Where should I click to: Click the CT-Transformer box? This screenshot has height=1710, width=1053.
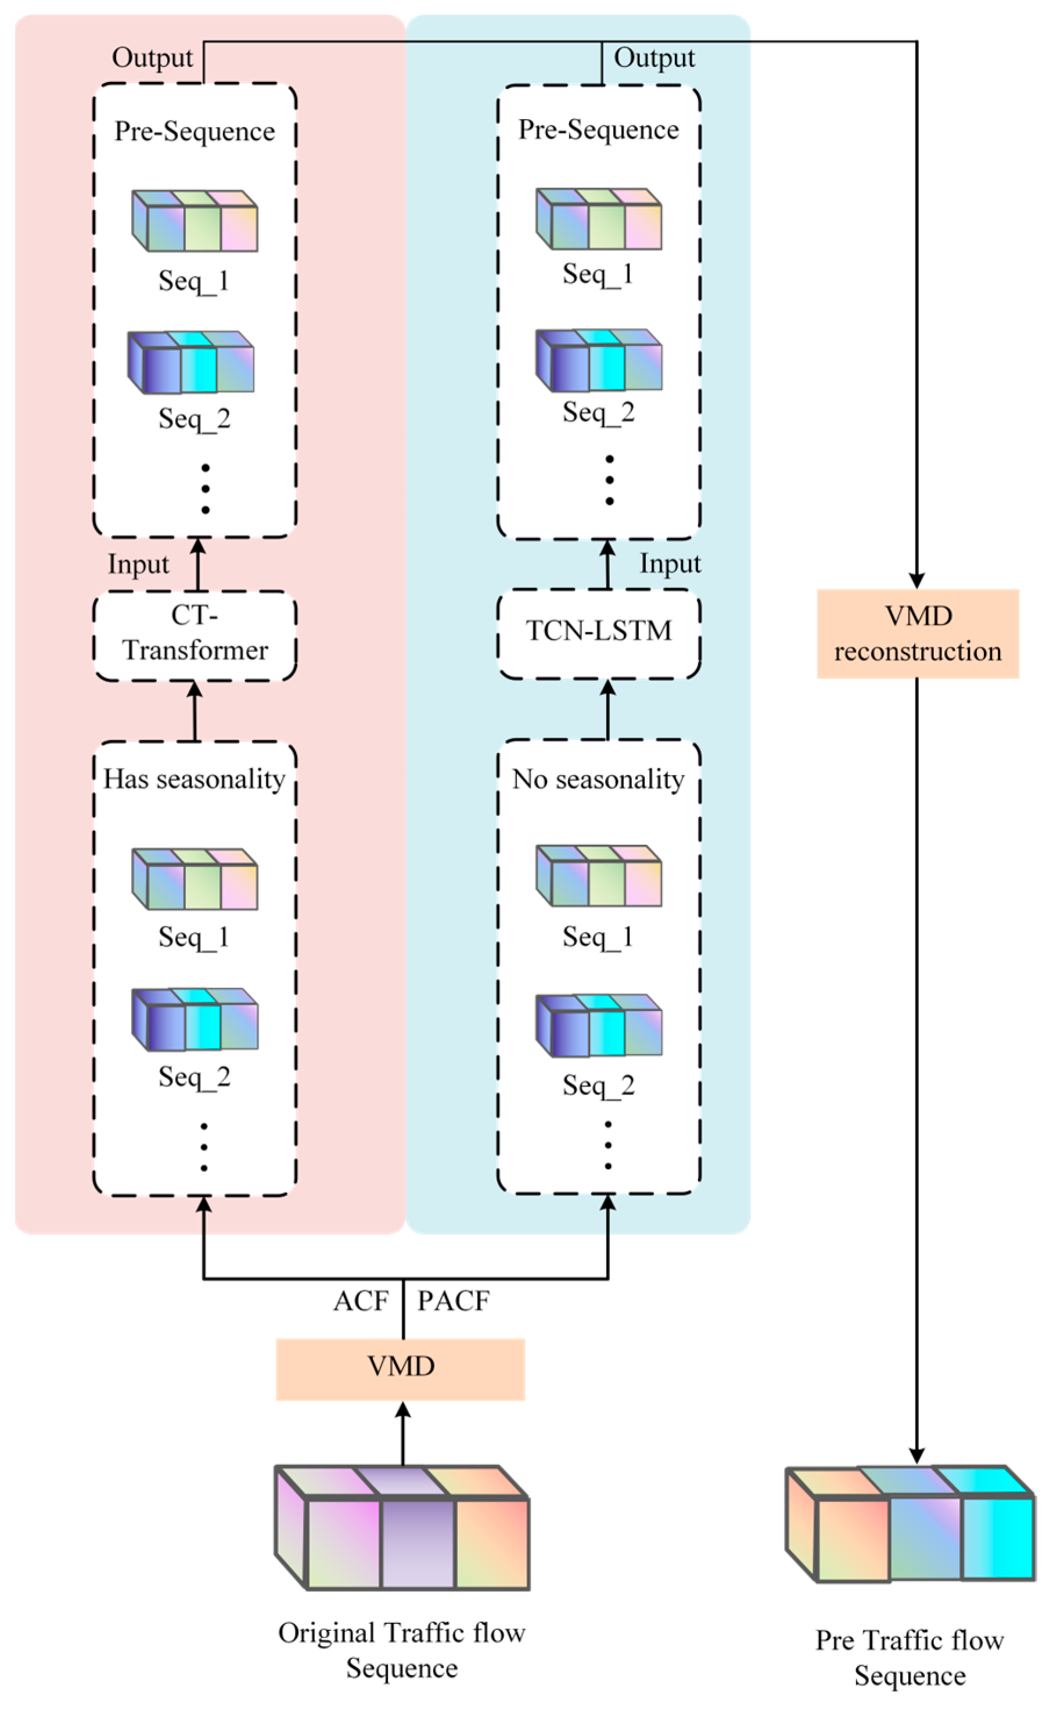click(195, 634)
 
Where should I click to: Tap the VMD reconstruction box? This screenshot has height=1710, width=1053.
click(917, 633)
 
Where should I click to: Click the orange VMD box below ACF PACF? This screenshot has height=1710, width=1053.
click(400, 1368)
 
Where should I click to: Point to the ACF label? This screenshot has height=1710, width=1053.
click(361, 1300)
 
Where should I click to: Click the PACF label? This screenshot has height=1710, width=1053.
click(454, 1300)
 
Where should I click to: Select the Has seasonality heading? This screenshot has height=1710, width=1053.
click(195, 779)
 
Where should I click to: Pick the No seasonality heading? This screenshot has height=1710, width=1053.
click(598, 779)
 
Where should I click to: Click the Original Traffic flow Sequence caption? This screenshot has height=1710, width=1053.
click(402, 1650)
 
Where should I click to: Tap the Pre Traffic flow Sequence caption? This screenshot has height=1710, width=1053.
click(910, 1658)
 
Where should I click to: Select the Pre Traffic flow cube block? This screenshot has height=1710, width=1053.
click(910, 1524)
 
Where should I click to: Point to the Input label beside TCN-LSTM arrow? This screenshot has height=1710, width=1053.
click(670, 563)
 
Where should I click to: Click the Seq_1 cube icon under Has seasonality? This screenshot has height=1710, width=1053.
click(195, 879)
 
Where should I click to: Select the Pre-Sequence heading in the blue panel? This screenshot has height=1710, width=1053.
click(598, 130)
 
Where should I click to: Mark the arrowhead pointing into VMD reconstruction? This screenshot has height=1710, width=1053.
click(917, 580)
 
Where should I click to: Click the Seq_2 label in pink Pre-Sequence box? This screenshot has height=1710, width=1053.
click(195, 418)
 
